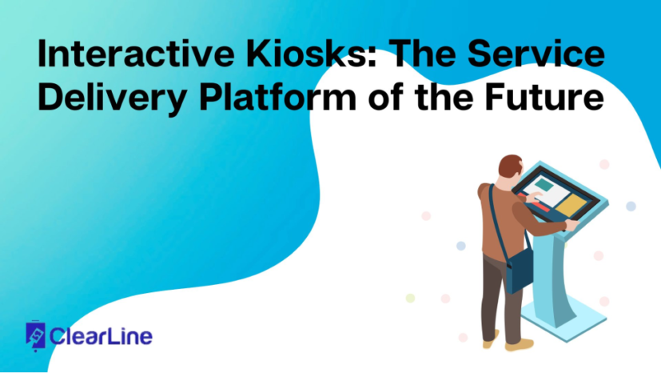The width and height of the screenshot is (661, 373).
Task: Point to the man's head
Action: point(510,170)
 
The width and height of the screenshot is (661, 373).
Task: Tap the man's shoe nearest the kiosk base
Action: point(520,344)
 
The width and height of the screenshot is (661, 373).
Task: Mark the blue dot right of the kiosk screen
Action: point(631,206)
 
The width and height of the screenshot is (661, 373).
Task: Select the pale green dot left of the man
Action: point(410,298)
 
